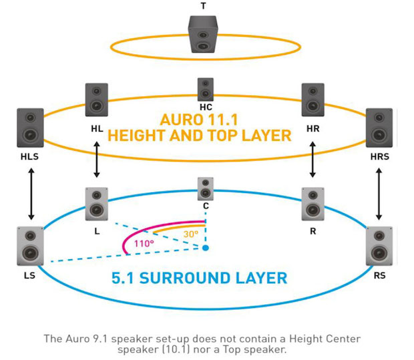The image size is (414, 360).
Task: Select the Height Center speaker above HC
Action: tap(206, 89)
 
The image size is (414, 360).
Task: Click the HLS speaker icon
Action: tap(30, 128)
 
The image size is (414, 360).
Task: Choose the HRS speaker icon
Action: tap(379, 128)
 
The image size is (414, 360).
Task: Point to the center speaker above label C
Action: tap(206, 188)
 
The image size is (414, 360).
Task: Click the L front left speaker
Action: tap(97, 203)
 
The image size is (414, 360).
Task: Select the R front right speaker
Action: tap(313, 203)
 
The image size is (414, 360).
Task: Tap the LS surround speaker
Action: tap(30, 246)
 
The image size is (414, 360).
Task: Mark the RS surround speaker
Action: tap(379, 246)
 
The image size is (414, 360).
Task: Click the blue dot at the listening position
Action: tap(206, 248)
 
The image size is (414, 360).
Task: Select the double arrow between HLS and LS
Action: tap(30, 194)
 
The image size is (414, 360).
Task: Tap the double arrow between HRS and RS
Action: tap(379, 194)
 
